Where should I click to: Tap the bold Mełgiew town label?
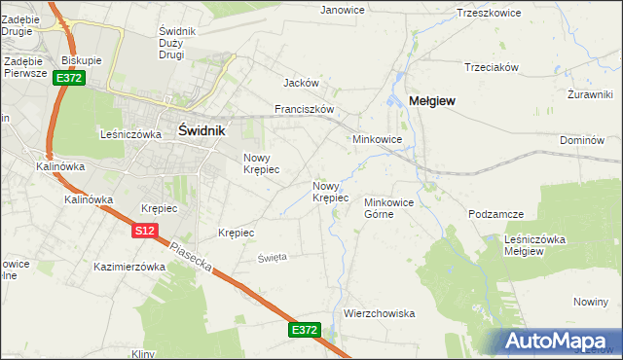pyautogui.click(x=433, y=100)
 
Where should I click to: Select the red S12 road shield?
pyautogui.click(x=144, y=230)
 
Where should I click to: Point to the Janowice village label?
pyautogui.click(x=343, y=10)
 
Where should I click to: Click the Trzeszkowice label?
pyautogui.click(x=489, y=13)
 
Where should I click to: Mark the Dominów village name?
pyautogui.click(x=583, y=141)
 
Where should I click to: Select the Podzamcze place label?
pyautogui.click(x=496, y=213)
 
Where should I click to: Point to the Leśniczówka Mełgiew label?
pyautogui.click(x=535, y=244)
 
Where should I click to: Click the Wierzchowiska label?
pyautogui.click(x=380, y=313)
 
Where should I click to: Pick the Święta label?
pyautogui.click(x=272, y=257)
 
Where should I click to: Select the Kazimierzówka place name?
pyautogui.click(x=130, y=266)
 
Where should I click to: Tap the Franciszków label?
pyautogui.click(x=305, y=109)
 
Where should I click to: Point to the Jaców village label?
pyautogui.click(x=301, y=84)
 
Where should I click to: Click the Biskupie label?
pyautogui.click(x=82, y=59)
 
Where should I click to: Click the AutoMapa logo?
pyautogui.click(x=560, y=342)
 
